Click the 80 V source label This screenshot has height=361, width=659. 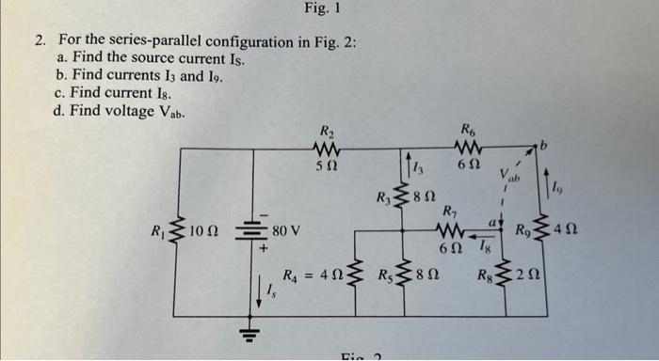(286, 230)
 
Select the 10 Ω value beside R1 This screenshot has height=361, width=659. (204, 230)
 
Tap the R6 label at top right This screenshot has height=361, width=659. (468, 131)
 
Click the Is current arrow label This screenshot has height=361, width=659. (266, 299)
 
